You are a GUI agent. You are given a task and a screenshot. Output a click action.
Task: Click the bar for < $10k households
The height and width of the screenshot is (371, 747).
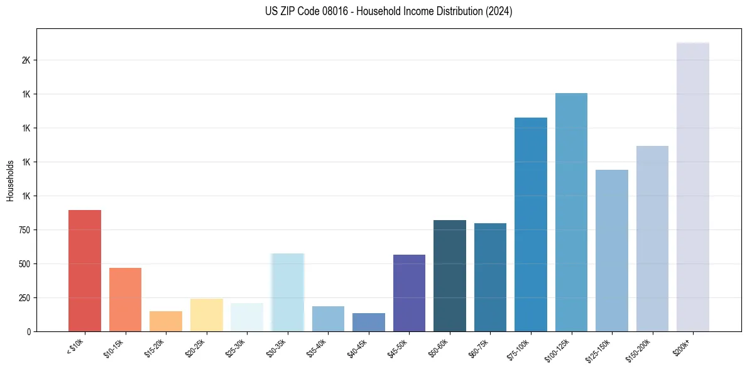[x=85, y=270]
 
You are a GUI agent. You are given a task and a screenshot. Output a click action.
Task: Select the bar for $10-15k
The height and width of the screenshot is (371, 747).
[x=125, y=299]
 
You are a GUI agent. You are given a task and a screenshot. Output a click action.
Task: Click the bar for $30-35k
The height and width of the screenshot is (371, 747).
[x=288, y=292]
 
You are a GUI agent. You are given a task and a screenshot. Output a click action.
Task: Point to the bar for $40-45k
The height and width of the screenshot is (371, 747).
[x=369, y=322]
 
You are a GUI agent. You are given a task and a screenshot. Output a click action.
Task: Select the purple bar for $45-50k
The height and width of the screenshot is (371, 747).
[x=409, y=293]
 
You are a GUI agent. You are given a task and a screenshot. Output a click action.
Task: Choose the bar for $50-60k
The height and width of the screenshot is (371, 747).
[x=450, y=275]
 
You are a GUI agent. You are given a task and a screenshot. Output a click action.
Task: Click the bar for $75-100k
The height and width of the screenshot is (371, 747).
[x=531, y=224]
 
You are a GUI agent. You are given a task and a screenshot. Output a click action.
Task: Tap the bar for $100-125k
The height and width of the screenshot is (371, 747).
[x=571, y=212]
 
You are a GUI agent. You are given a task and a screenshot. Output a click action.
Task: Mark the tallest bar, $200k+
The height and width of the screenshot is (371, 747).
[x=693, y=187]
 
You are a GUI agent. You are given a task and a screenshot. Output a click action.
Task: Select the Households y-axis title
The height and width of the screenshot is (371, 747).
[x=11, y=180]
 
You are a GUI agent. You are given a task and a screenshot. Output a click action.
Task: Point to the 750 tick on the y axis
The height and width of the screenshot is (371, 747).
[x=25, y=230]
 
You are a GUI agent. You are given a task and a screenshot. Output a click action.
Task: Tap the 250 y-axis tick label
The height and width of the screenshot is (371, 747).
[x=25, y=298]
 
